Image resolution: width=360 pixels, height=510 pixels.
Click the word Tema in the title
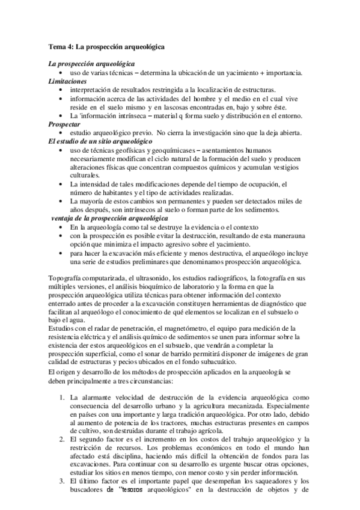[x=57, y=46]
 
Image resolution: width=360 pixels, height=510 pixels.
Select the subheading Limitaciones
[x=68, y=81]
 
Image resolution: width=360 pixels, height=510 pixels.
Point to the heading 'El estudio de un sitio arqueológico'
[x=93, y=140]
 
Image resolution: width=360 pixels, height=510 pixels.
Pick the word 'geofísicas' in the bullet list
[x=139, y=149]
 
